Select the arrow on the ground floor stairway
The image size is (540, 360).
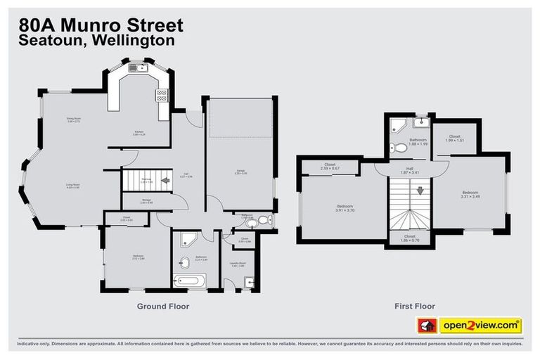click(x=166, y=181)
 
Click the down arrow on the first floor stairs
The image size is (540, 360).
click(x=419, y=190)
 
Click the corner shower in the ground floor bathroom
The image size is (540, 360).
click(x=184, y=238)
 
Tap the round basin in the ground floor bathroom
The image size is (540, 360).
click(x=184, y=264)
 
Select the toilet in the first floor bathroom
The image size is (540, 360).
click(x=394, y=148)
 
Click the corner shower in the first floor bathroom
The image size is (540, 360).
click(x=398, y=126)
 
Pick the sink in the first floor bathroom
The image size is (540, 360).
click(x=420, y=122)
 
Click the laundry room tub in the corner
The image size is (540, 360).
click(x=248, y=283)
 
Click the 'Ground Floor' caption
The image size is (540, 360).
click(x=163, y=306)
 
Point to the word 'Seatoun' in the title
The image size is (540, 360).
click(x=50, y=41)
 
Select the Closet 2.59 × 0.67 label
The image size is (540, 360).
click(x=330, y=167)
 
